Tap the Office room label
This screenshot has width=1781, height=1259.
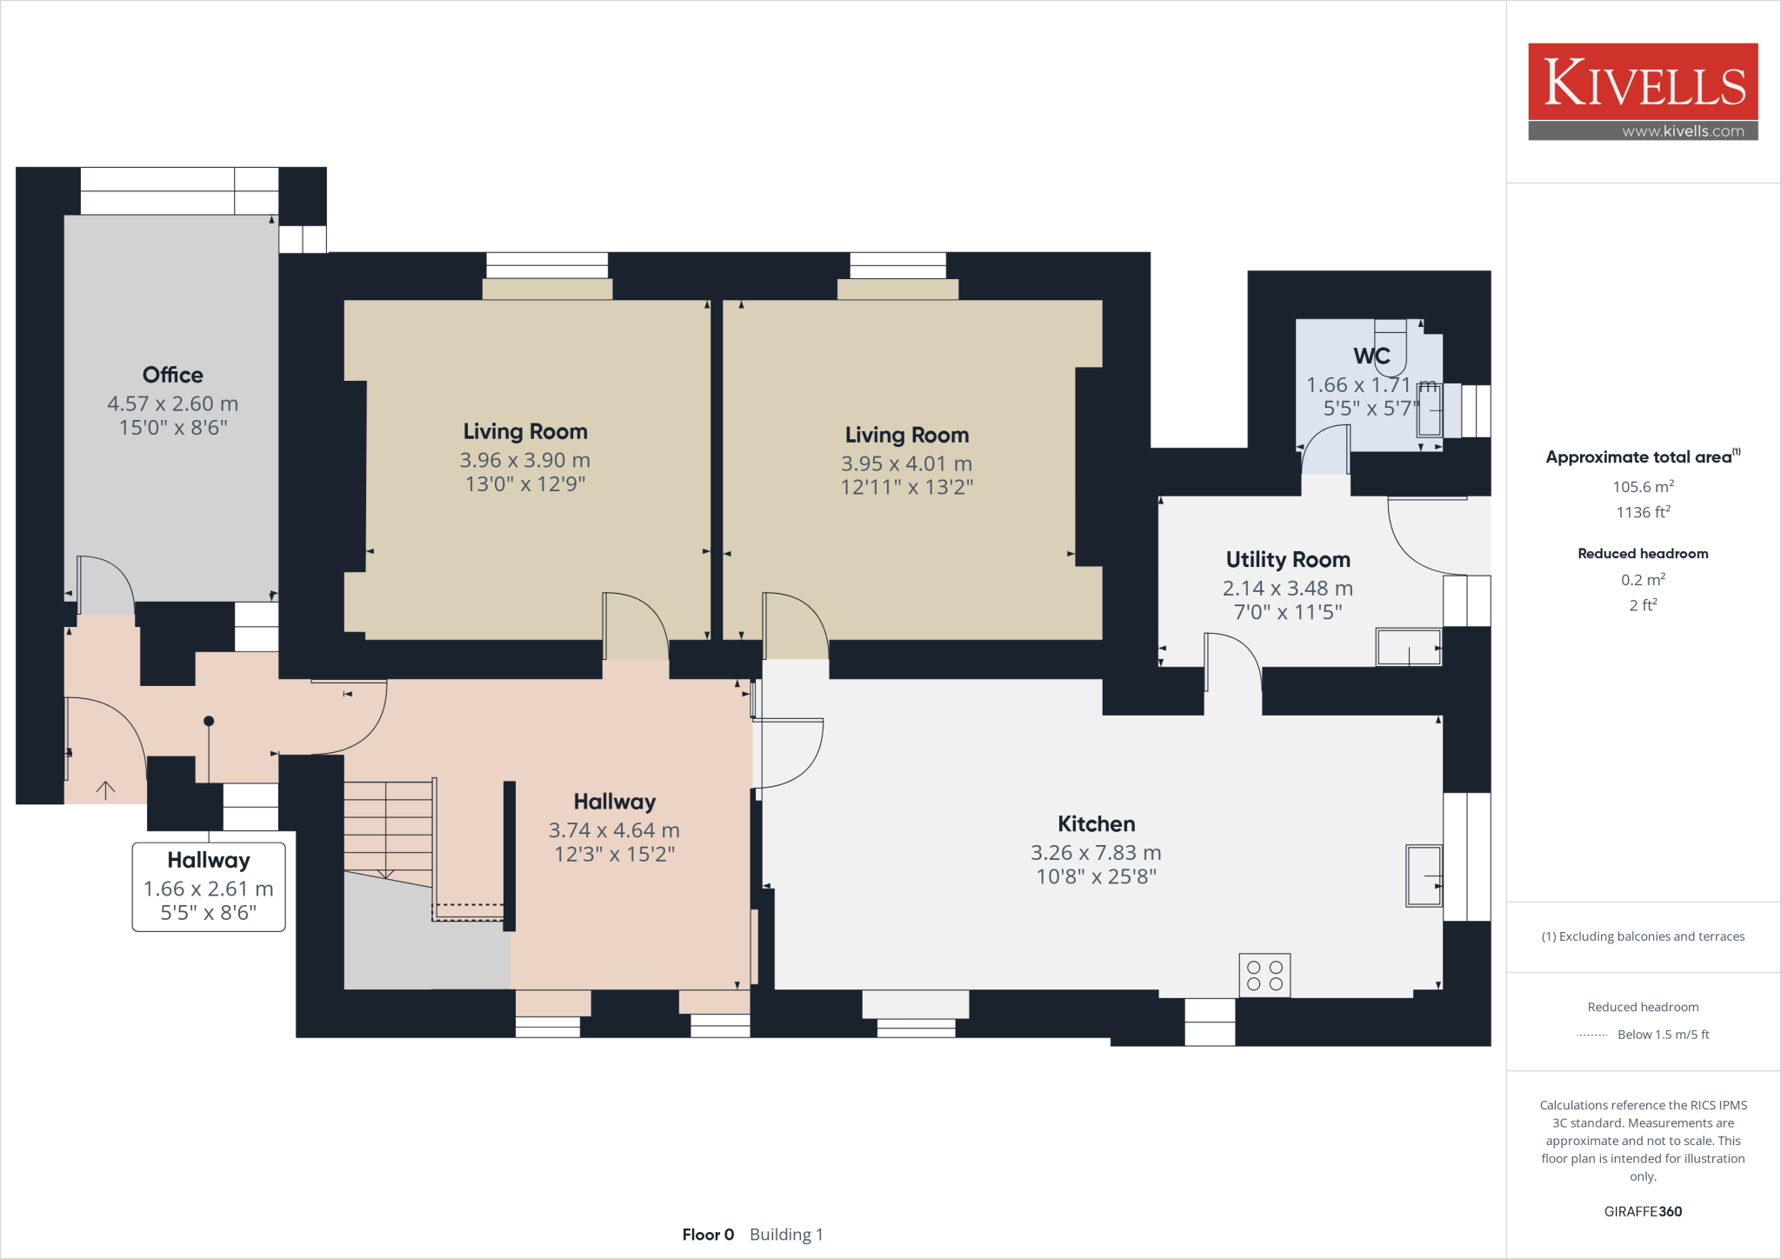point(173,375)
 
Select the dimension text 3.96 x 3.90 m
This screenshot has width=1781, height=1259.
point(524,460)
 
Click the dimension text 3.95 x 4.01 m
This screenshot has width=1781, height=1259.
point(906,463)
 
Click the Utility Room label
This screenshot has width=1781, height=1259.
point(1288,559)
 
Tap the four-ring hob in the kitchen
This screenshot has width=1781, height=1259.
point(1264,975)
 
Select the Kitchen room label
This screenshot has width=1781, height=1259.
point(1096,823)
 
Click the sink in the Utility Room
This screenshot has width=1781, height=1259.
point(1408,647)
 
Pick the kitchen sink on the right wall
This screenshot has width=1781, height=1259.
point(1424,875)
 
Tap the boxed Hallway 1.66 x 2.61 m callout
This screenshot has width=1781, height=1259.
point(209,886)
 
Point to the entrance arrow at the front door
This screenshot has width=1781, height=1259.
point(105,789)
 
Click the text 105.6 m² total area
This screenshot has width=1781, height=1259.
point(1643,487)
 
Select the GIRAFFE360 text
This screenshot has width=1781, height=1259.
point(1643,1211)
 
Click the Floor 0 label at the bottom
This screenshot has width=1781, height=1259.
point(708,1234)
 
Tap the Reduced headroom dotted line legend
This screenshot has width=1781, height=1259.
point(1591,1035)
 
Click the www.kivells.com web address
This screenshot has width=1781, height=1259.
point(1683,131)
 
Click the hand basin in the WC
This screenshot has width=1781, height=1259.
point(1429,410)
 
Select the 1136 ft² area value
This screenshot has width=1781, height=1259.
point(1643,512)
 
